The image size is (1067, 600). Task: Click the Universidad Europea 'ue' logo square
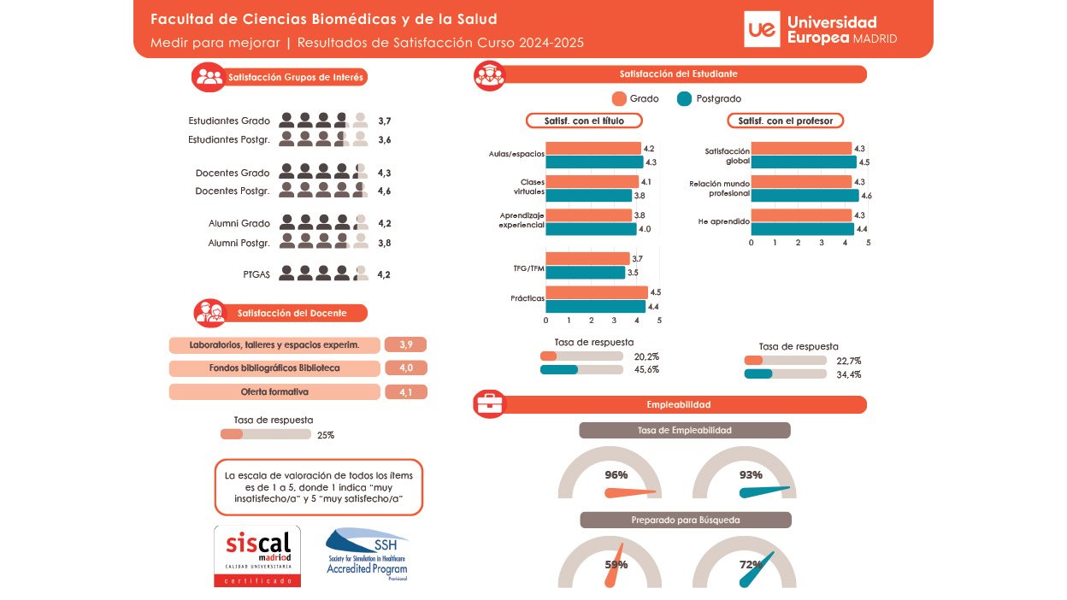(762, 30)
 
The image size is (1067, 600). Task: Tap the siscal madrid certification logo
(257, 556)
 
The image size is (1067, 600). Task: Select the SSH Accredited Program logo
(367, 554)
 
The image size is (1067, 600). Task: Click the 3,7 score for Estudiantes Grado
(384, 121)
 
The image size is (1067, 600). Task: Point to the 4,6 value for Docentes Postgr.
(384, 191)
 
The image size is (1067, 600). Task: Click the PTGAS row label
(256, 274)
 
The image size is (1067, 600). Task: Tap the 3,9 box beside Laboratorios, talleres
(405, 344)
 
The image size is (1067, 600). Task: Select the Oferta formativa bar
(274, 391)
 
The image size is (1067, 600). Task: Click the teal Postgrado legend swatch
(684, 98)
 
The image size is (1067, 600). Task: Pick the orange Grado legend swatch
(620, 98)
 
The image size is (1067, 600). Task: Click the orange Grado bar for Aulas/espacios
(592, 149)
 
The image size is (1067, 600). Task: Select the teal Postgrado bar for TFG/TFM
(586, 273)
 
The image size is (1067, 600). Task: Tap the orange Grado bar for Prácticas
(596, 292)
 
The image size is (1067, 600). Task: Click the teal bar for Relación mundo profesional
(805, 196)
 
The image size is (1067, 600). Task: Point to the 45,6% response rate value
(646, 370)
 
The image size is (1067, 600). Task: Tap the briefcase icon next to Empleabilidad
(490, 404)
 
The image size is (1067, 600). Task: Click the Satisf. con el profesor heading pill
(785, 121)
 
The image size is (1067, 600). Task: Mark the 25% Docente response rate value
(326, 435)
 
